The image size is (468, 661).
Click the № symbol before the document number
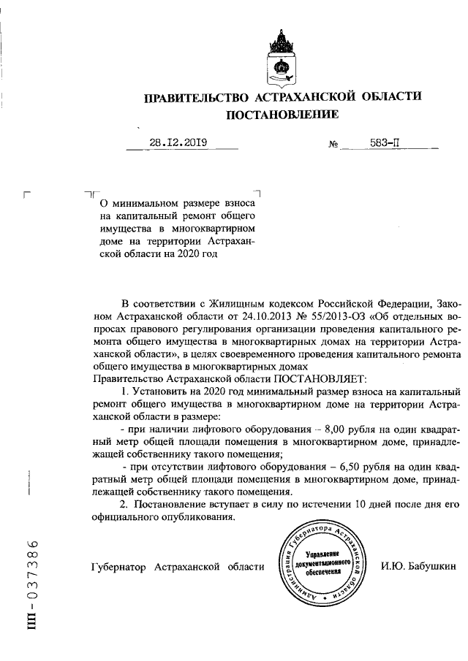[333, 145]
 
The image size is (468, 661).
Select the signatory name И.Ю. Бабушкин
[418, 566]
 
